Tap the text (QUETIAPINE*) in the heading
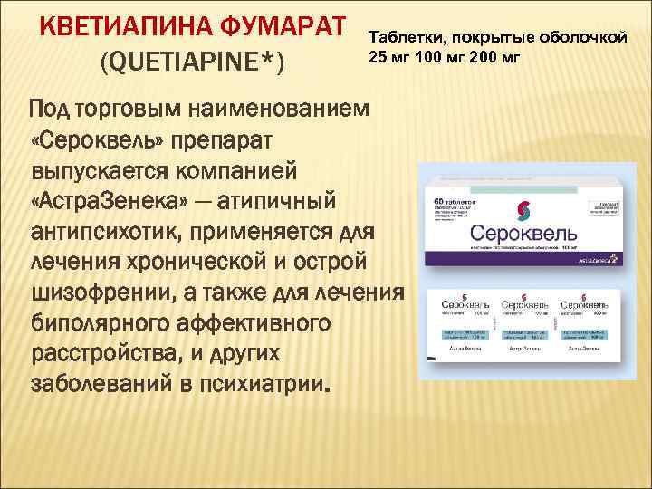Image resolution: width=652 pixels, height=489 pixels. click(192, 64)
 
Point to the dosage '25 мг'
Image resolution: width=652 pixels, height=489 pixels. click(387, 58)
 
